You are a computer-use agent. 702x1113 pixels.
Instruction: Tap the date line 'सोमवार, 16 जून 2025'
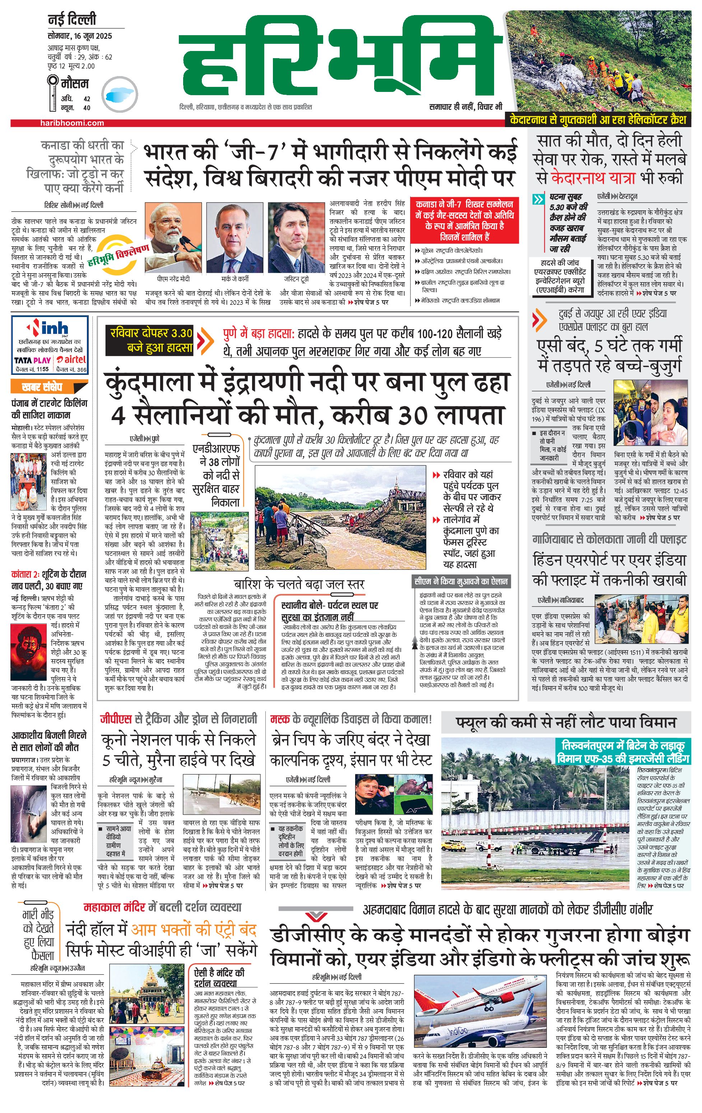[x=79, y=36]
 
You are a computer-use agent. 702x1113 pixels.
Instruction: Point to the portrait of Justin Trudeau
[x=296, y=238]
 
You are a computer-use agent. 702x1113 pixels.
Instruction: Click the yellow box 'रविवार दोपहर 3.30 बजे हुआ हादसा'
[x=150, y=340]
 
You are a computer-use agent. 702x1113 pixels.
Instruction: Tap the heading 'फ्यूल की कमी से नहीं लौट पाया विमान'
[x=566, y=722]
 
